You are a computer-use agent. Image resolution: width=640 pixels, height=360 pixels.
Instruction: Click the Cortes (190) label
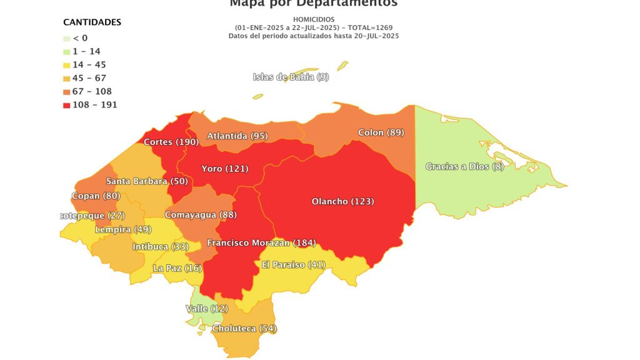pyautogui.click(x=171, y=142)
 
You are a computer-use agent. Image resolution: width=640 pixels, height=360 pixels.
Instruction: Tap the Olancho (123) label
pyautogui.click(x=342, y=201)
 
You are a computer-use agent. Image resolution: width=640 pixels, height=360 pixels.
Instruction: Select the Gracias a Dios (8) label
pyautogui.click(x=464, y=166)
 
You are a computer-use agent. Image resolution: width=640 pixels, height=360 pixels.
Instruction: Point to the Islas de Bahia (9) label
pyautogui.click(x=291, y=77)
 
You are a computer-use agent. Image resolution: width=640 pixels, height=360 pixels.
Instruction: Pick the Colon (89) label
pyautogui.click(x=381, y=132)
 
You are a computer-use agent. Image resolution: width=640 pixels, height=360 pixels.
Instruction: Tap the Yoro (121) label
pyautogui.click(x=224, y=169)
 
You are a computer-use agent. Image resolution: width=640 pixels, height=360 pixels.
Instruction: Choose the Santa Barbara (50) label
pyautogui.click(x=146, y=181)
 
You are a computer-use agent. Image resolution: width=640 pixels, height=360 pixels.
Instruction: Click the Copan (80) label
pyautogui.click(x=96, y=196)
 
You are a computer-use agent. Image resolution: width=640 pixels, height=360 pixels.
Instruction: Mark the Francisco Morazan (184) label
pyautogui.click(x=261, y=242)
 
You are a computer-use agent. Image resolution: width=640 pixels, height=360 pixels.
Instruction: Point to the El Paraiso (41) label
pyautogui.click(x=293, y=264)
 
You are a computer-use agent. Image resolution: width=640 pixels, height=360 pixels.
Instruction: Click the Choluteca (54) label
pyautogui.click(x=244, y=328)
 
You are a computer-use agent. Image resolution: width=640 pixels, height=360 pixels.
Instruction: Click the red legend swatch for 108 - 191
pyautogui.click(x=67, y=105)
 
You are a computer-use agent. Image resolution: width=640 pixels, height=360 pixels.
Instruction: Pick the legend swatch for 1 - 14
pyautogui.click(x=67, y=51)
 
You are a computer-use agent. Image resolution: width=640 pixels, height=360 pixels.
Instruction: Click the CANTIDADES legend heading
pyautogui.click(x=92, y=22)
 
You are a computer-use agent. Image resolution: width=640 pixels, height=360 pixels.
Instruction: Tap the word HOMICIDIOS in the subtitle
pyautogui.click(x=314, y=19)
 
